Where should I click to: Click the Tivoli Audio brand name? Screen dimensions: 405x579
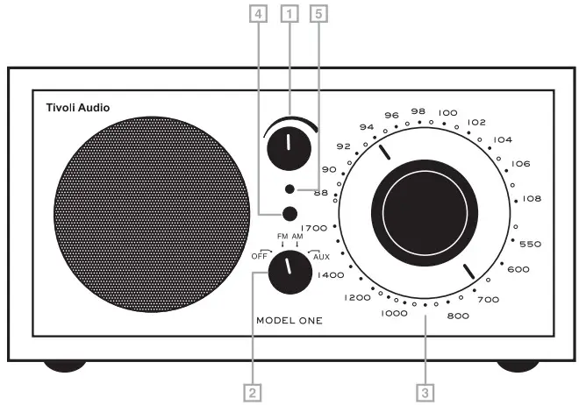click(78, 110)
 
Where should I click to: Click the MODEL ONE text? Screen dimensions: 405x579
click(289, 320)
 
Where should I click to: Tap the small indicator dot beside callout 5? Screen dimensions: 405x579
click(289, 189)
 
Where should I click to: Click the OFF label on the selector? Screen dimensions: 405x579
click(261, 256)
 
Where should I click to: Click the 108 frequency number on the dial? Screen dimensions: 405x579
click(532, 199)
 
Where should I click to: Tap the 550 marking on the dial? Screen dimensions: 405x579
click(532, 244)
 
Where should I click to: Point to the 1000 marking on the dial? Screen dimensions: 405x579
click(394, 312)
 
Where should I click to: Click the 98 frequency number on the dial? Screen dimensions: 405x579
click(418, 112)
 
